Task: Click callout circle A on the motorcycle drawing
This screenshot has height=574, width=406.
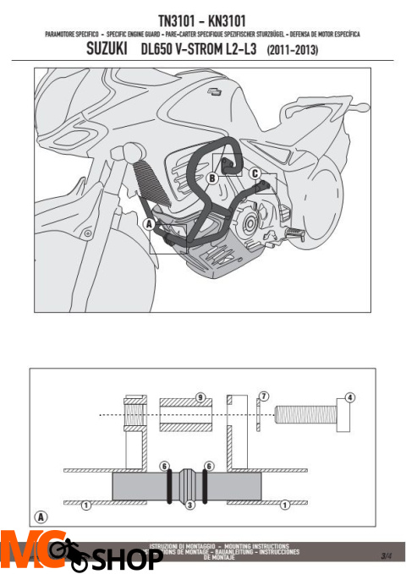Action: click(x=149, y=224)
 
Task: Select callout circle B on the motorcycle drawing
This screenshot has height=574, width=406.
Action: click(x=212, y=178)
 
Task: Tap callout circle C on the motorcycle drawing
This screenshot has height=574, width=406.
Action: click(x=255, y=172)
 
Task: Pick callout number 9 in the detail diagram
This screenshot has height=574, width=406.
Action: click(x=200, y=396)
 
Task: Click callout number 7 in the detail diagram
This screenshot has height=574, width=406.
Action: click(x=264, y=396)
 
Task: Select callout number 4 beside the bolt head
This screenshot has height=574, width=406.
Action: click(x=350, y=396)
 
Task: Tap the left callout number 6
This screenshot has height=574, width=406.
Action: click(x=166, y=466)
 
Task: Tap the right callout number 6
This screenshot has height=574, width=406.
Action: click(x=208, y=466)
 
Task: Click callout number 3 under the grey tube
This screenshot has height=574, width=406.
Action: click(x=190, y=505)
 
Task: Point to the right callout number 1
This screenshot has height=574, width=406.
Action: click(x=284, y=505)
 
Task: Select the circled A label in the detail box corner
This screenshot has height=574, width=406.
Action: click(x=40, y=516)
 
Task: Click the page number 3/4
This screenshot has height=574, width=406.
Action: click(x=386, y=555)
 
